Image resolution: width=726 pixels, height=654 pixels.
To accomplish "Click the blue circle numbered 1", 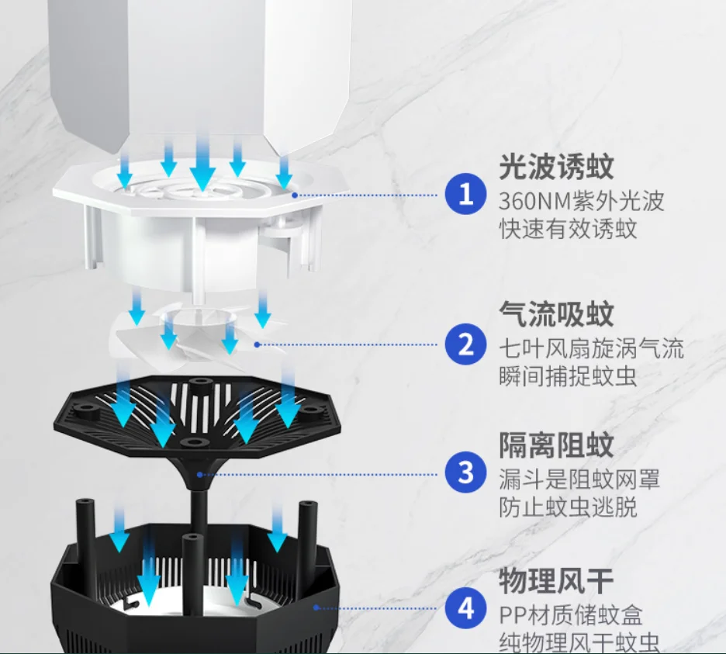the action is click(x=465, y=195).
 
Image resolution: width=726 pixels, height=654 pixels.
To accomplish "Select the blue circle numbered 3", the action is click(x=465, y=472).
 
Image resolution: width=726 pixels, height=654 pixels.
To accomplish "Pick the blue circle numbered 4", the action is click(x=465, y=609).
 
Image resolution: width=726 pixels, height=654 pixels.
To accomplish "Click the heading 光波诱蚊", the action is click(x=556, y=167).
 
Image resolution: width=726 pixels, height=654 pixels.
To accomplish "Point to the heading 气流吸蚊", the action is click(x=556, y=314).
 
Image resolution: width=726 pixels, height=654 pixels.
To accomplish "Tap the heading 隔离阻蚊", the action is click(x=556, y=445).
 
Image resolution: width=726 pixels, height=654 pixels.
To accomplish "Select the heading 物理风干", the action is click(x=556, y=580).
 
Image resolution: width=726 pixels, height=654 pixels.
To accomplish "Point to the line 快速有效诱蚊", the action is click(x=568, y=230).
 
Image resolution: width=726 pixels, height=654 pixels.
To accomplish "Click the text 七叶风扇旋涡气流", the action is click(x=591, y=348).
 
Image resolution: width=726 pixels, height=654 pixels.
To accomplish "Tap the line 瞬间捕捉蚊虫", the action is click(x=568, y=377).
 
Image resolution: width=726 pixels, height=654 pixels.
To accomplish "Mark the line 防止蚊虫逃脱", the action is click(x=568, y=507).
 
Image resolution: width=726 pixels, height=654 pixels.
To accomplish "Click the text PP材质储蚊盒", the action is click(x=571, y=616).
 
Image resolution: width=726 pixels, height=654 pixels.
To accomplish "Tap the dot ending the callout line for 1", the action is click(x=295, y=196).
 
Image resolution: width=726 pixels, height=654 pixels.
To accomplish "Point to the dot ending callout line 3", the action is click(x=199, y=472).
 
